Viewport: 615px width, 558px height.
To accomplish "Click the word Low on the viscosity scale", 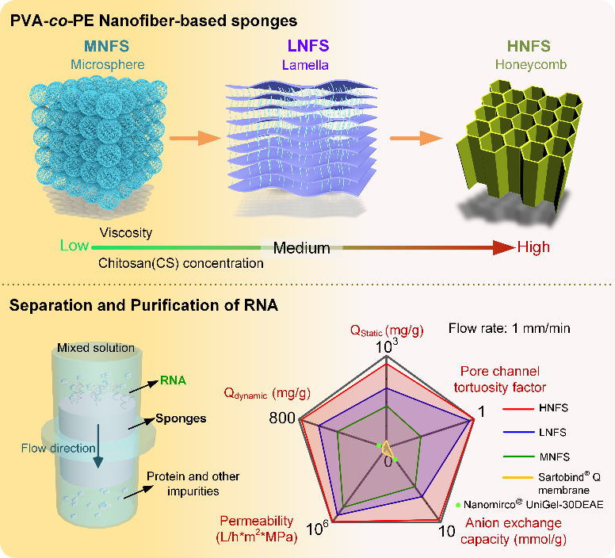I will point(74,246).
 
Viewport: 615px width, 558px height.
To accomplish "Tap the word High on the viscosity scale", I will point(533,247).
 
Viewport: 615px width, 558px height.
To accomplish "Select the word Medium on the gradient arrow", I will point(301,248).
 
